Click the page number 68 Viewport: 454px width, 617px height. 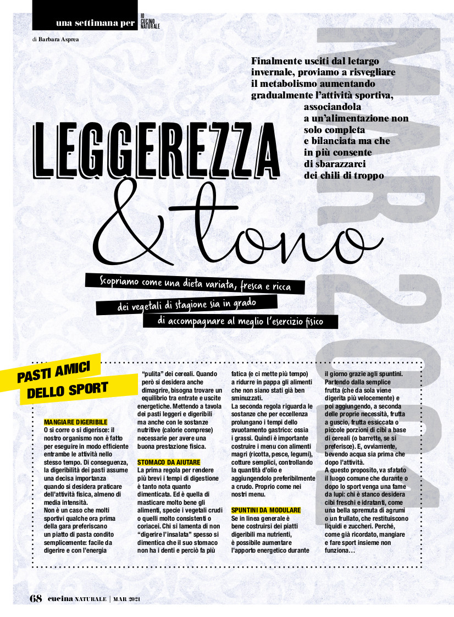pyautogui.click(x=36, y=598)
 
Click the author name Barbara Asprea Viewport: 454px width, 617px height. pyautogui.click(x=62, y=39)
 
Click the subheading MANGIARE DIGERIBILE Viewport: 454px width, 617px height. pyautogui.click(x=76, y=421)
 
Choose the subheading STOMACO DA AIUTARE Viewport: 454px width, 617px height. pyautogui.click(x=169, y=462)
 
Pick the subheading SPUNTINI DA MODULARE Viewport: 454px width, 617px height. pyautogui.click(x=266, y=510)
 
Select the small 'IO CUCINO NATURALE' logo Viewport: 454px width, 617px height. pyautogui.click(x=150, y=21)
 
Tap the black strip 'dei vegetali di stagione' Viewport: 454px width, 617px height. pyautogui.click(x=187, y=304)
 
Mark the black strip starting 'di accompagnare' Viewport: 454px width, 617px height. pyautogui.click(x=240, y=321)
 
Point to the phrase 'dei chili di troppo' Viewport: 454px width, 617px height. pyautogui.click(x=344, y=175)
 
